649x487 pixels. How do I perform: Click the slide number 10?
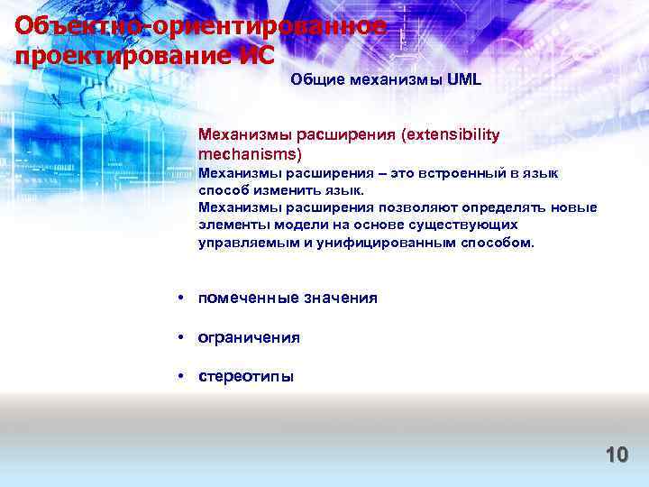point(617,454)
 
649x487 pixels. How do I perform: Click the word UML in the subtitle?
point(464,79)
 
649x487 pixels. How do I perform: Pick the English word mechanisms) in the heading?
point(243,154)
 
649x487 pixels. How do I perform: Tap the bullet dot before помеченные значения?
point(181,298)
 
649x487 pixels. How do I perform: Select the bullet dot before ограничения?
point(181,337)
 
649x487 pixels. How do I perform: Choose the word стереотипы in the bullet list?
point(246,377)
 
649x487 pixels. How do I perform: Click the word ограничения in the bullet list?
point(250,337)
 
